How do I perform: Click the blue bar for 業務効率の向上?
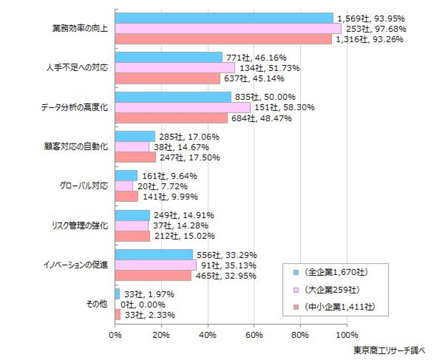224,18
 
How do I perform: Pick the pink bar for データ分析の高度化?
183,107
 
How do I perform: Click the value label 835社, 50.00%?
265,97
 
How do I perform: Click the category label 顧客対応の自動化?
75,147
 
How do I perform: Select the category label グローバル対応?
84,186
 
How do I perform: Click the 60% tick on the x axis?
254,335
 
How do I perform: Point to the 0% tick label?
115,335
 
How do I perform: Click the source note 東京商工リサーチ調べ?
389,350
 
